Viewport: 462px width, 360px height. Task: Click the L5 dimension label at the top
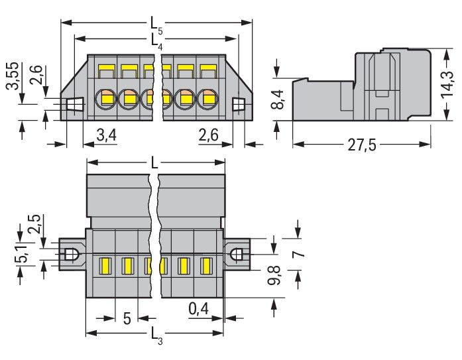154,23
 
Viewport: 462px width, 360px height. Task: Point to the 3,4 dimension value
107,135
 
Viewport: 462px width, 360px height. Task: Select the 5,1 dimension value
22,254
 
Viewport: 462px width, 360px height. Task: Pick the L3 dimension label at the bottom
154,335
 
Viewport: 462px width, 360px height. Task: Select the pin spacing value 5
126,319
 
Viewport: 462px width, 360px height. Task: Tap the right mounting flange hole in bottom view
237,254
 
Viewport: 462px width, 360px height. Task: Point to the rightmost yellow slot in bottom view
205,267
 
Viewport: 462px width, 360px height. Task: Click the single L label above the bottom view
154,162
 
